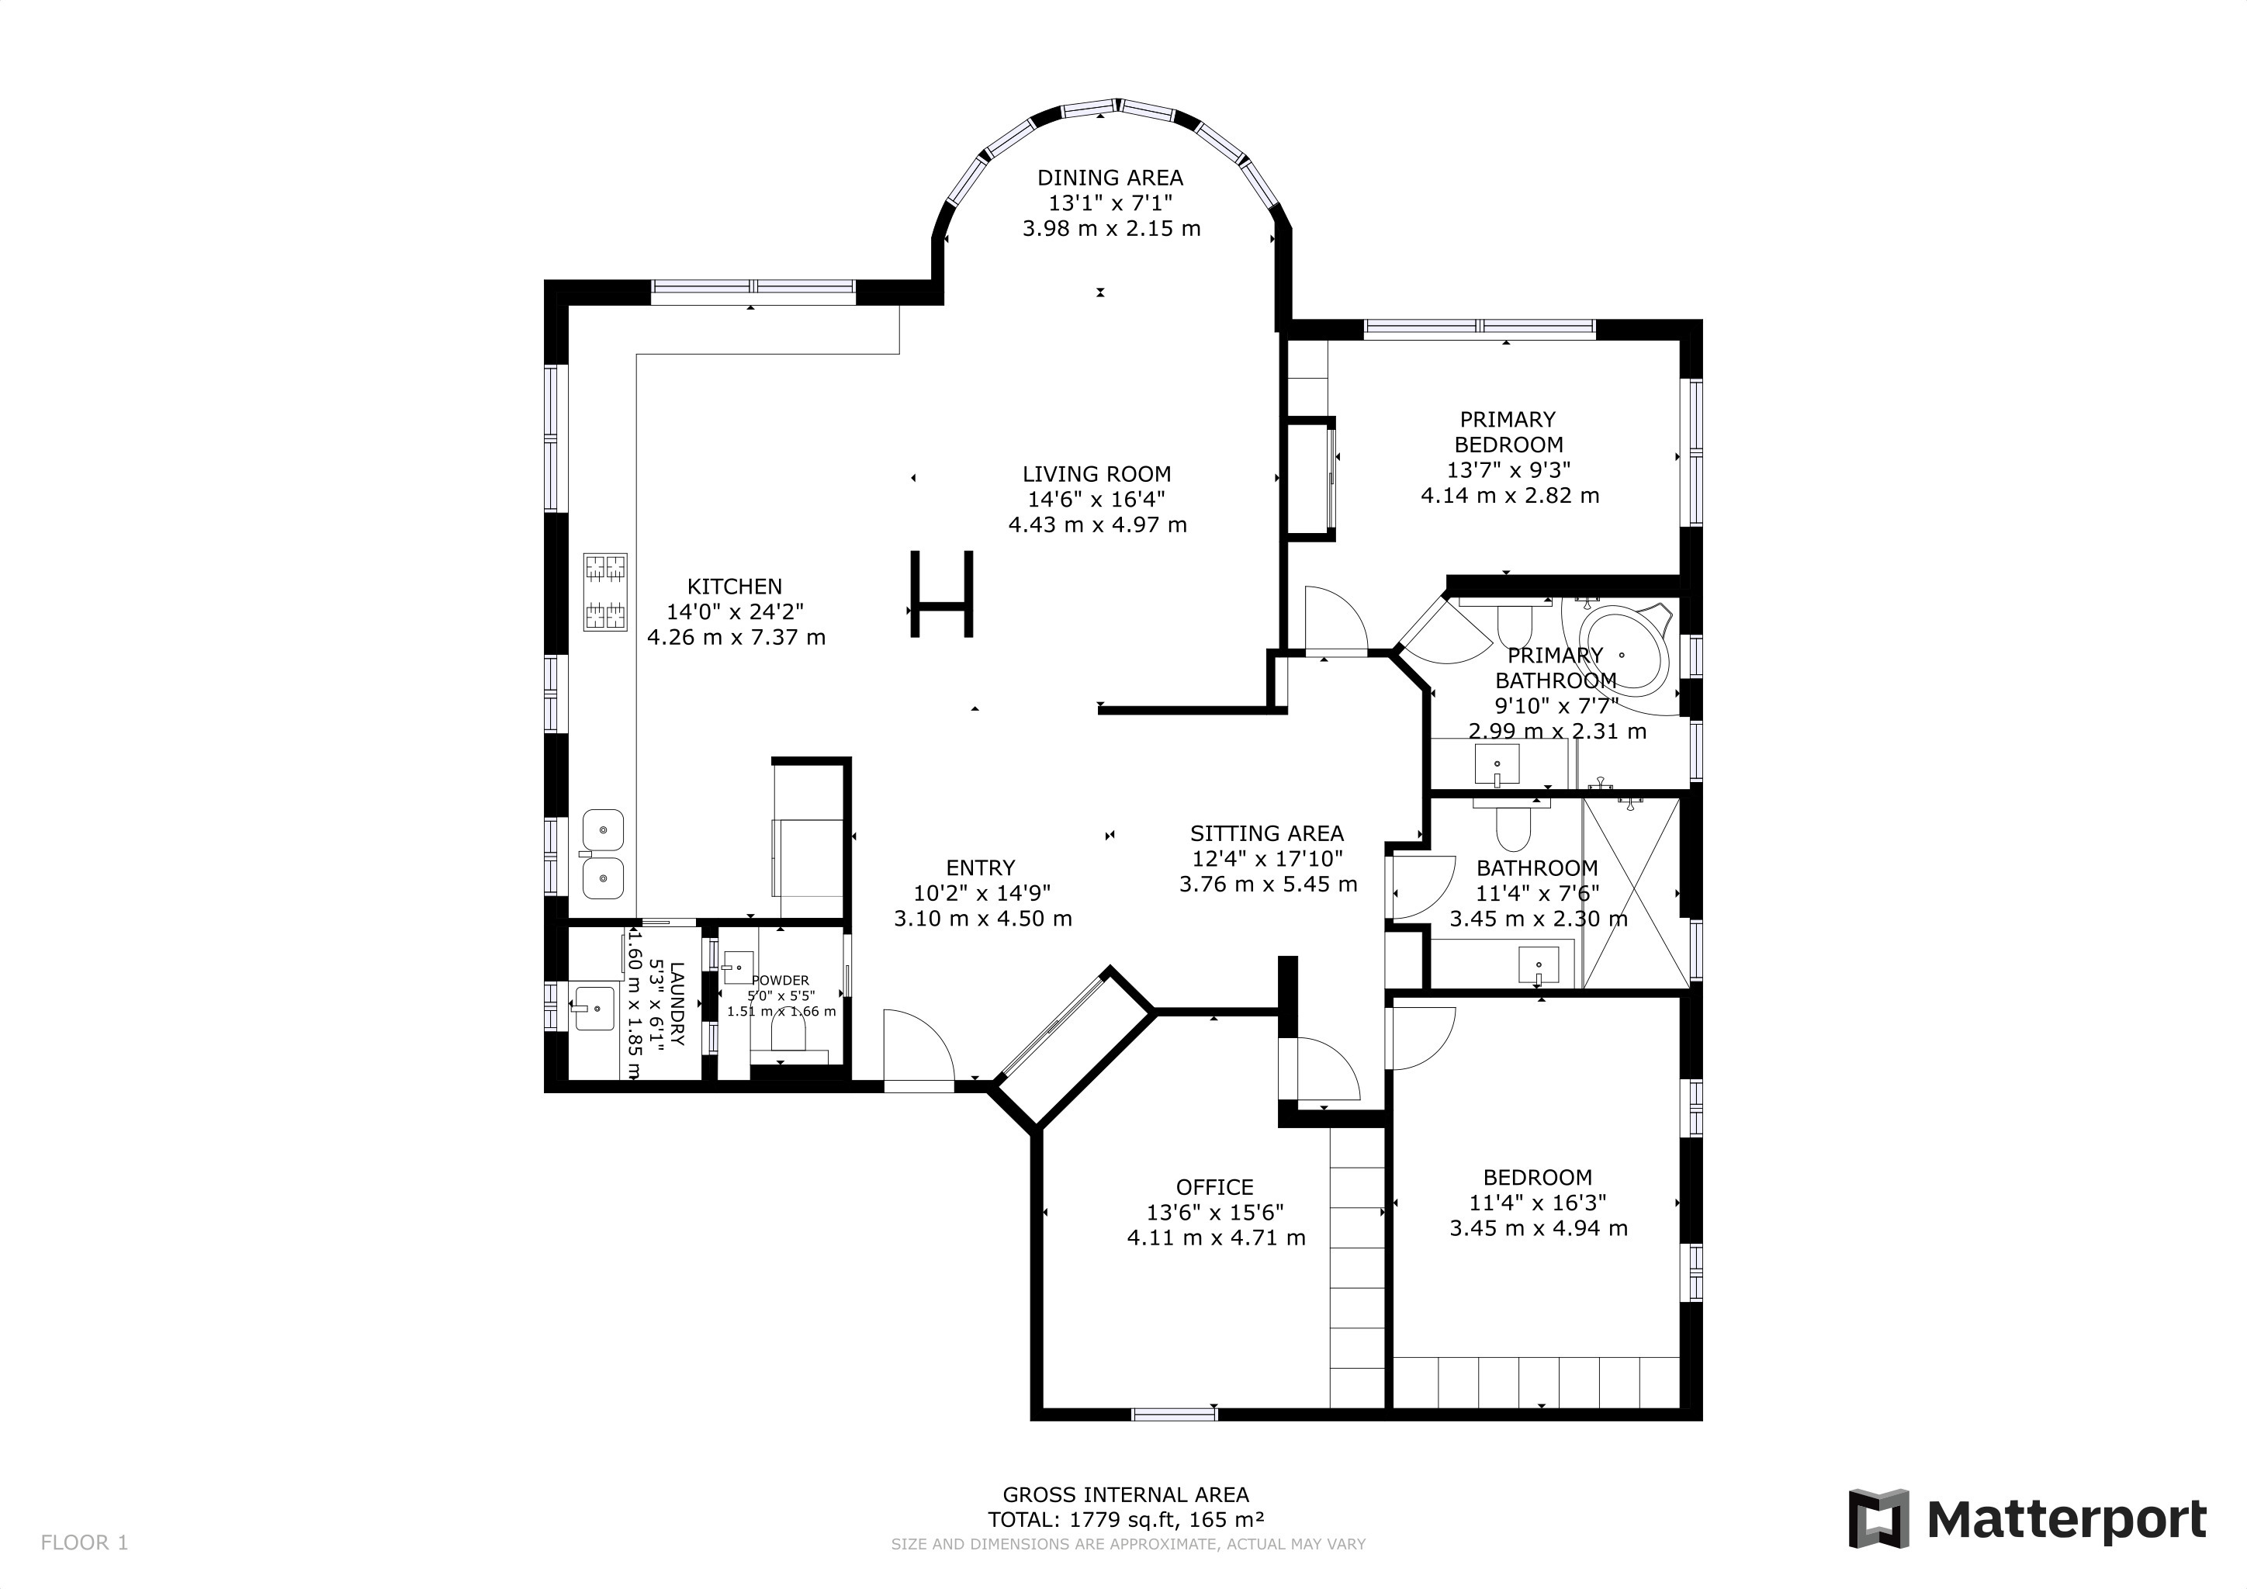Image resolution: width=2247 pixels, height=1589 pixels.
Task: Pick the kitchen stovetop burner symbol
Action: click(x=604, y=592)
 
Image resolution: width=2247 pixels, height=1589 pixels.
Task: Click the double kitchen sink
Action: click(x=603, y=854)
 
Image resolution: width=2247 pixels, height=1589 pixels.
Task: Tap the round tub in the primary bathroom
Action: click(x=1622, y=653)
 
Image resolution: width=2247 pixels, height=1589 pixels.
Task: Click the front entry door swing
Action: click(x=918, y=1049)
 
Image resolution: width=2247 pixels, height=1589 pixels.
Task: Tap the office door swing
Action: click(x=1327, y=1071)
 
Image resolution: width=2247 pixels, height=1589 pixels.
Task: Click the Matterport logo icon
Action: click(x=1878, y=1518)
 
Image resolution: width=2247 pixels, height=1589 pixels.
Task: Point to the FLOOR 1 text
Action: click(x=84, y=1543)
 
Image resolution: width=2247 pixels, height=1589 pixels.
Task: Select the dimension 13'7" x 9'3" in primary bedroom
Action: click(x=1508, y=469)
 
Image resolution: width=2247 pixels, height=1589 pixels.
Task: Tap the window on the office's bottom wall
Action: click(x=1175, y=1413)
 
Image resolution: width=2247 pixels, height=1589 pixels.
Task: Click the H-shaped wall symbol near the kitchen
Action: click(x=941, y=594)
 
